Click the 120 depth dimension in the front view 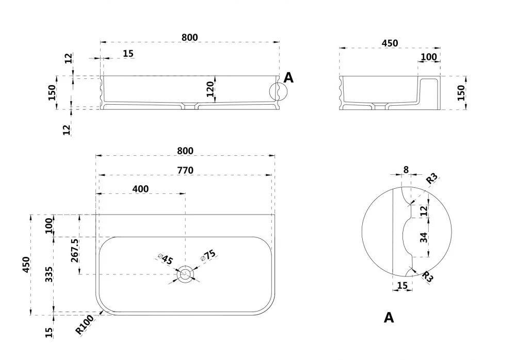tap(210, 89)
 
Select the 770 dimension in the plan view tap(185, 170)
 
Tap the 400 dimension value tap(140, 189)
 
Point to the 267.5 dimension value tap(75, 250)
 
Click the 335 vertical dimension tap(49, 274)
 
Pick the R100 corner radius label tap(84, 324)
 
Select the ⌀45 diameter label tap(166, 259)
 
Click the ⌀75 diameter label tap(208, 255)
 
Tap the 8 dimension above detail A tap(406, 170)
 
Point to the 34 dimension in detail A tap(424, 237)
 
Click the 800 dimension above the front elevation tap(190, 38)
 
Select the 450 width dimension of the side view tap(390, 43)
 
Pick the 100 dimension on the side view tap(429, 57)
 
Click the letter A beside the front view tap(288, 78)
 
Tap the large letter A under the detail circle tap(389, 318)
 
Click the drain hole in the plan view tap(185, 274)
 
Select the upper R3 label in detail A tap(432, 178)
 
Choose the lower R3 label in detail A tap(427, 276)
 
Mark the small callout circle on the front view tap(278, 91)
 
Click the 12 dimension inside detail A tap(424, 210)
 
